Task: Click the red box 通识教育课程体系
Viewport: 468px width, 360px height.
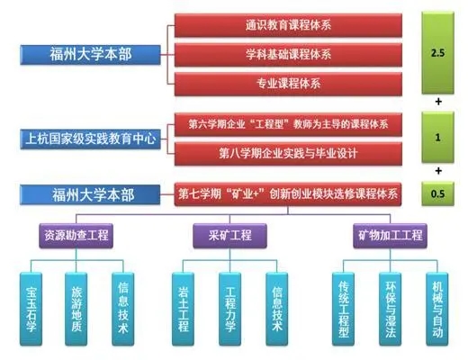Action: click(288, 25)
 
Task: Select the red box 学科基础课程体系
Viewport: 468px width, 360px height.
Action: click(288, 55)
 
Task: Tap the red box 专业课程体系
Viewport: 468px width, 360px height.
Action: click(288, 84)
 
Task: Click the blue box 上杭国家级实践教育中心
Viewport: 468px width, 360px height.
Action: click(90, 139)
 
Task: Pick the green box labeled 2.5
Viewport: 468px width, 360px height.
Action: click(437, 53)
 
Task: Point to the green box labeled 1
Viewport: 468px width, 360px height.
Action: click(437, 138)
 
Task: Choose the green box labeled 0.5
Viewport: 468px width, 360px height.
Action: click(437, 193)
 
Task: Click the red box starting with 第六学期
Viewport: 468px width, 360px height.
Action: click(288, 124)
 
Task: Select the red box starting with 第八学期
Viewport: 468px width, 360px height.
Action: click(288, 154)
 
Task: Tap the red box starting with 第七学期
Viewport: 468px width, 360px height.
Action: click(288, 194)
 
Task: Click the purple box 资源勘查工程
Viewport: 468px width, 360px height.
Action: click(76, 236)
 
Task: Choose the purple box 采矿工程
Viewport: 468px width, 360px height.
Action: click(229, 236)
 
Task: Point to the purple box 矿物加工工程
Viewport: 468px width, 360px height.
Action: click(390, 236)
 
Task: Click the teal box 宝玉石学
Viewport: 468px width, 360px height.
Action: click(31, 309)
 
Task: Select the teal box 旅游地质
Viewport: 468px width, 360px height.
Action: click(76, 309)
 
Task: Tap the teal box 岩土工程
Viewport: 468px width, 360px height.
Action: click(183, 309)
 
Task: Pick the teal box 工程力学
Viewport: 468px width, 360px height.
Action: click(229, 309)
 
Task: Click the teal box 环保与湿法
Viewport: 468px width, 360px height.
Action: click(390, 309)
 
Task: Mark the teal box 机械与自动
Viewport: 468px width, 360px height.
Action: click(437, 309)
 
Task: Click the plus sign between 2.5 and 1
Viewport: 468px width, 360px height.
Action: click(438, 102)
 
